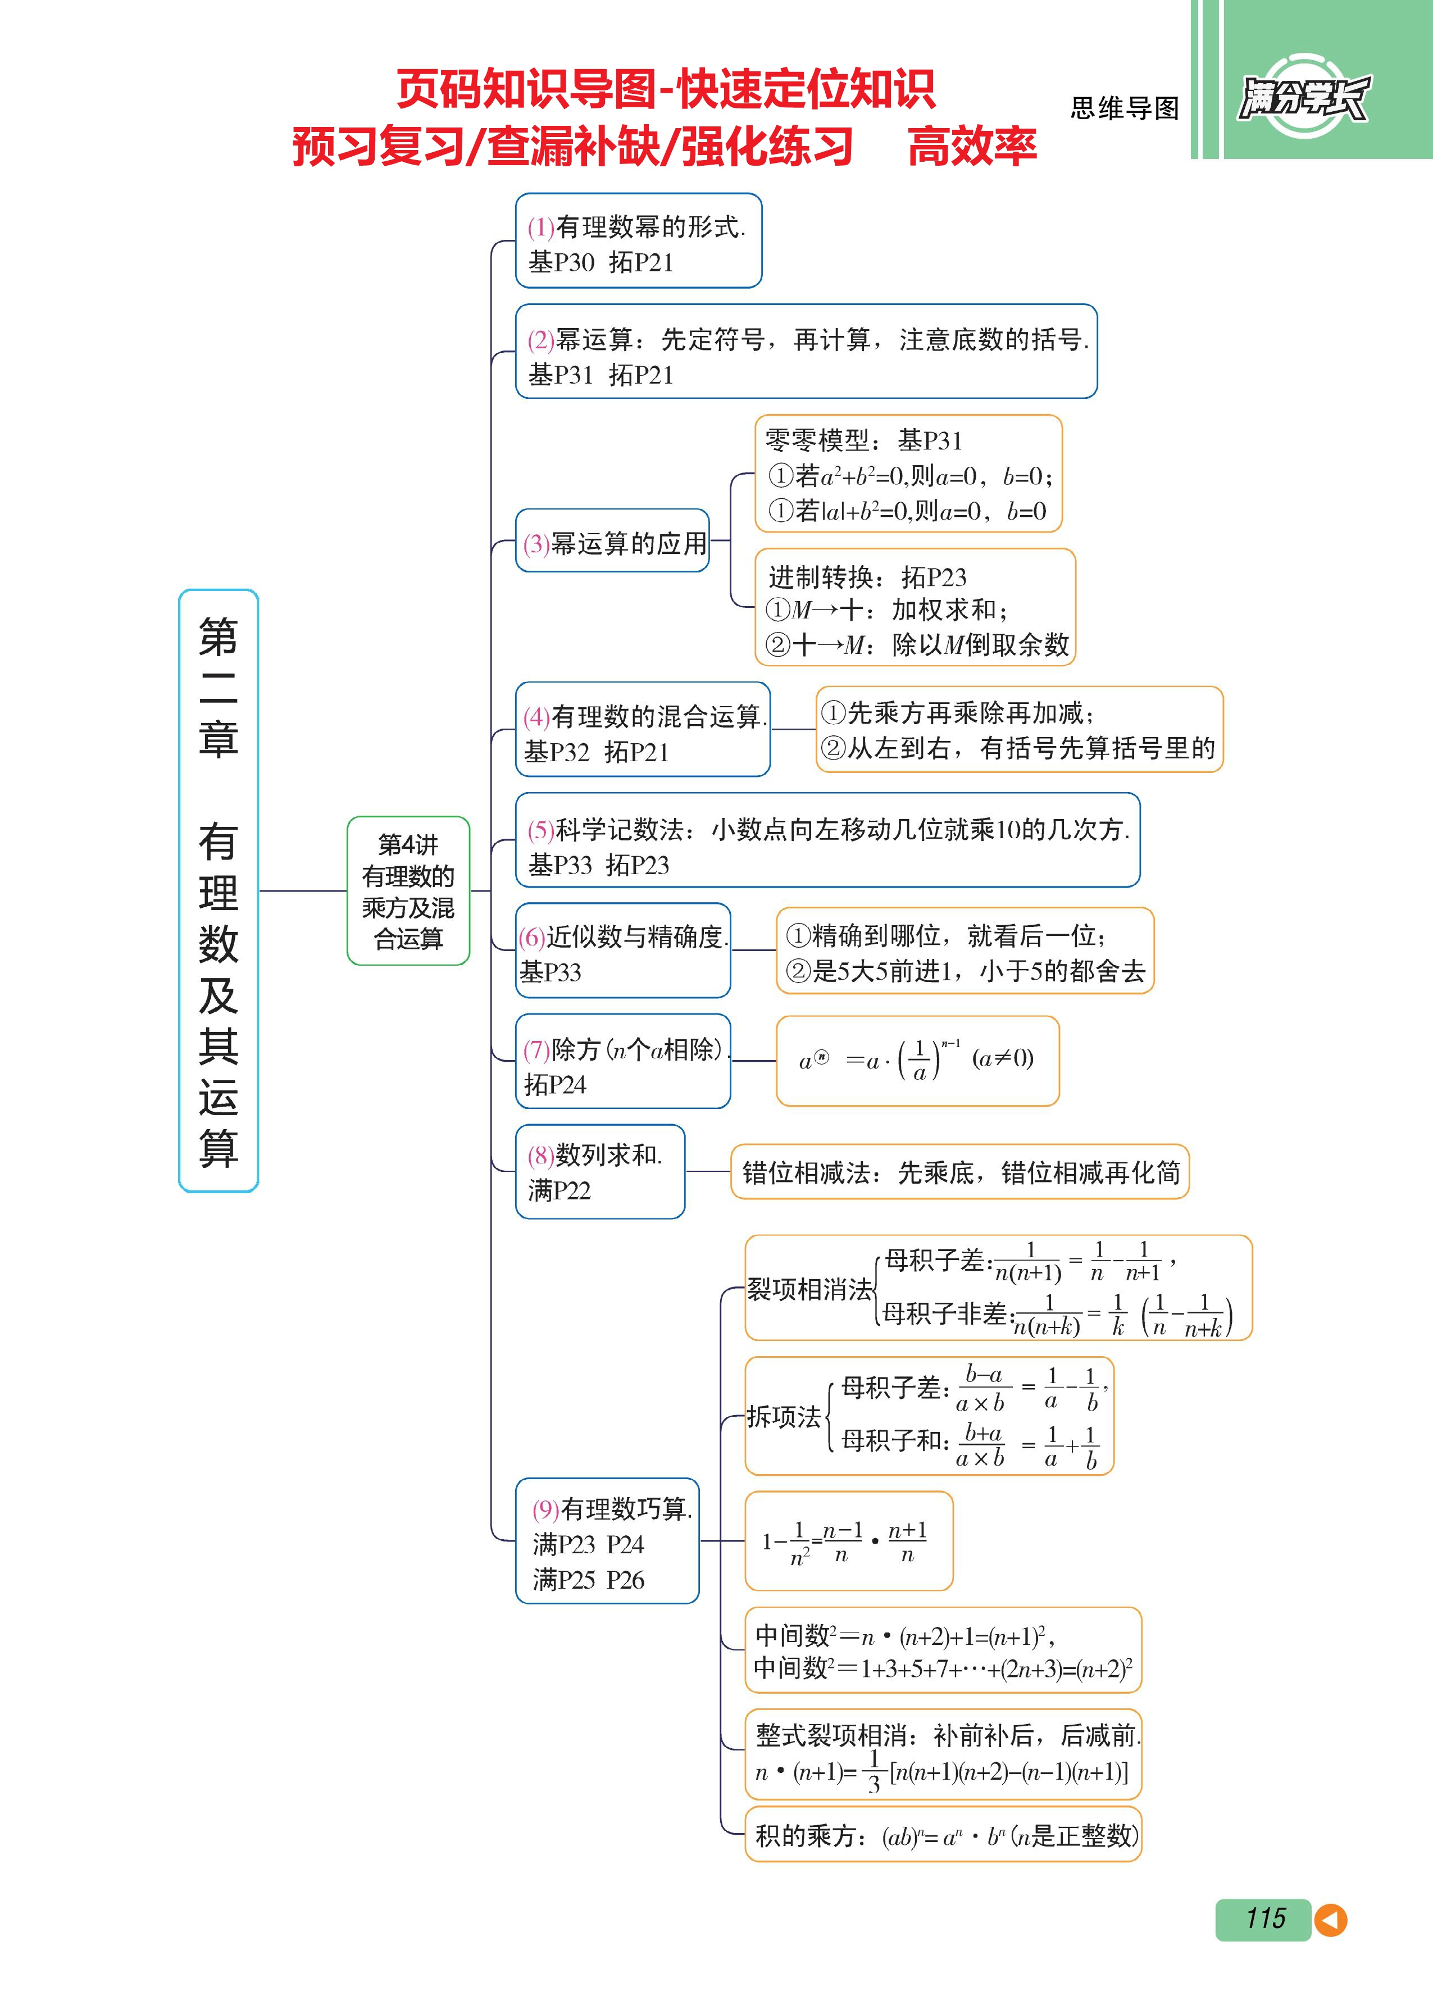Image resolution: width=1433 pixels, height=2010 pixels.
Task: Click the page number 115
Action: click(x=1264, y=1918)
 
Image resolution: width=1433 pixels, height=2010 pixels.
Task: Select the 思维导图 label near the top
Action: click(x=1124, y=108)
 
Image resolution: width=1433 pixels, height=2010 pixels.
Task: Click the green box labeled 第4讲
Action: click(x=408, y=890)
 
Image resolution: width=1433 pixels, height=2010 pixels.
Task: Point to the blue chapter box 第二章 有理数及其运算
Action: click(x=218, y=890)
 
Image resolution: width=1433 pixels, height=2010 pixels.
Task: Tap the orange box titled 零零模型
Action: click(x=908, y=474)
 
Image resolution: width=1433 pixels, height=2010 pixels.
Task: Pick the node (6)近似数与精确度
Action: click(x=623, y=951)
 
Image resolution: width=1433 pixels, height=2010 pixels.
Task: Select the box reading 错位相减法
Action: click(x=960, y=1172)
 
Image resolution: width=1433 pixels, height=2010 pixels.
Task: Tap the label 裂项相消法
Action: click(x=809, y=1290)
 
